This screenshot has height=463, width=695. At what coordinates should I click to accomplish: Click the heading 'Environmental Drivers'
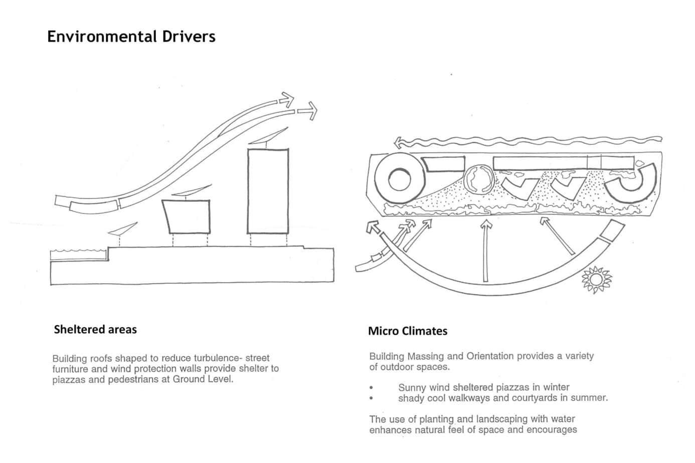coord(131,37)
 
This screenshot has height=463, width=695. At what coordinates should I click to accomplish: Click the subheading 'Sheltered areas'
coord(95,329)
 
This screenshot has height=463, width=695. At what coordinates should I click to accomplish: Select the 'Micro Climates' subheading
coord(407,331)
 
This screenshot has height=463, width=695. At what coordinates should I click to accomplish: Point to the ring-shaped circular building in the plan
coord(399,178)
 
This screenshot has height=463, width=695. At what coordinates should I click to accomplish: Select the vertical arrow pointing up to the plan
coord(485,251)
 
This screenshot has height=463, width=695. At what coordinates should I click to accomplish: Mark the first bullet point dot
coord(372,388)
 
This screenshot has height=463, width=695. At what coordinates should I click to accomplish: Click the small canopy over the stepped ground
coord(122,228)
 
